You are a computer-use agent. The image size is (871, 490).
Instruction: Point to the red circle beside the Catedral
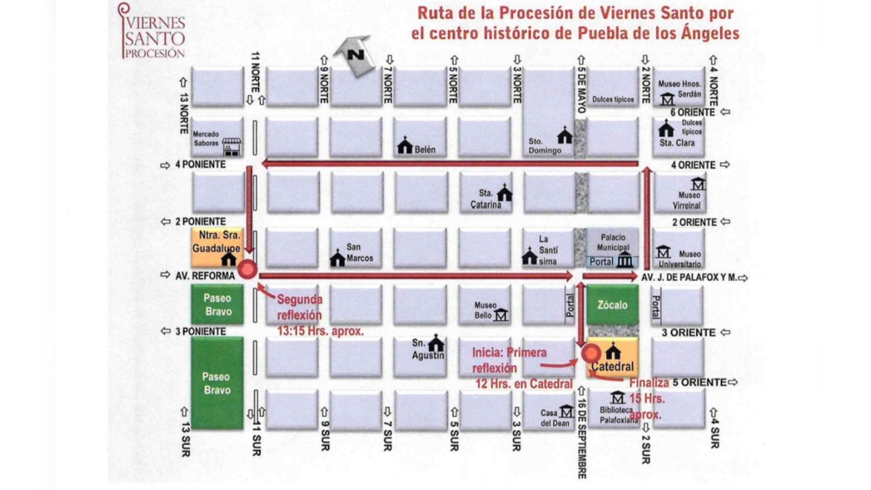(591, 353)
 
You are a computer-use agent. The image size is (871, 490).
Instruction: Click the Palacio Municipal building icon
(624, 261)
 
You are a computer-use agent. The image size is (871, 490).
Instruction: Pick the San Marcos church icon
(338, 258)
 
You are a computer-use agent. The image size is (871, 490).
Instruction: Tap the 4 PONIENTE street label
(200, 166)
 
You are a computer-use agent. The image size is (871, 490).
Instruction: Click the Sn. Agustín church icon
(435, 342)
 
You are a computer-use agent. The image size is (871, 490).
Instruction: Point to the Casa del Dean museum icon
(566, 412)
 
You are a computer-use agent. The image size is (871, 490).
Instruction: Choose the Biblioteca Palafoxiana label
(618, 415)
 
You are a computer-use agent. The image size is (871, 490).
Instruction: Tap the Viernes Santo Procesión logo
(152, 30)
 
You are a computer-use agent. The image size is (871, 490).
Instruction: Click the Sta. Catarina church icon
(504, 193)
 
